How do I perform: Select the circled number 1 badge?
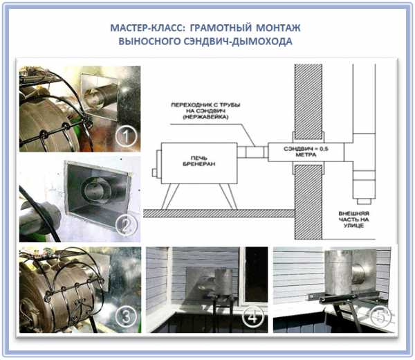pyautogui.click(x=126, y=136)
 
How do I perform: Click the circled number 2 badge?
pyautogui.click(x=127, y=226)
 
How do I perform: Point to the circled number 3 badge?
pyautogui.click(x=126, y=316)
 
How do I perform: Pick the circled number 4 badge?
pyautogui.click(x=253, y=317)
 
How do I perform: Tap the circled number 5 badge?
pyautogui.click(x=380, y=316)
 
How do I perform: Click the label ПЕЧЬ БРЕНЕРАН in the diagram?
pyautogui.click(x=199, y=161)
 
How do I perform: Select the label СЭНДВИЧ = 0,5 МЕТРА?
pyautogui.click(x=306, y=152)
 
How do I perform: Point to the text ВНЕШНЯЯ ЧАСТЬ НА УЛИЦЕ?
pyautogui.click(x=353, y=219)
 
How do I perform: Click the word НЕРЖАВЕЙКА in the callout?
pyautogui.click(x=205, y=117)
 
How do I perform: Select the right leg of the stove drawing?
pyautogui.click(x=228, y=197)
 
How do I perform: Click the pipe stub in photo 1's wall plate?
pyautogui.click(x=102, y=96)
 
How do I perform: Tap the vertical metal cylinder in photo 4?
pyautogui.click(x=223, y=282)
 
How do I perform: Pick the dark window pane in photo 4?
pyautogui.click(x=257, y=274)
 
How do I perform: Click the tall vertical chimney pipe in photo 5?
pyautogui.click(x=338, y=272)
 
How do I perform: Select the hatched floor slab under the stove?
pyautogui.click(x=219, y=213)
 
